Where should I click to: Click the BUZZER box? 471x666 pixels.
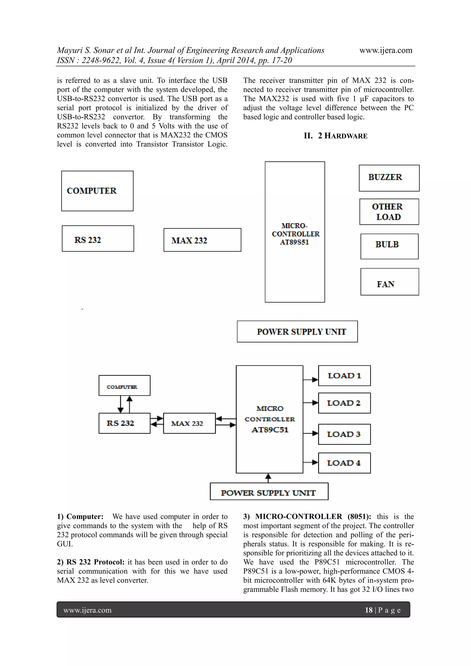389,178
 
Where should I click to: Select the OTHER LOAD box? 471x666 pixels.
389,212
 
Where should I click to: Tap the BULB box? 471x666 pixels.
389,246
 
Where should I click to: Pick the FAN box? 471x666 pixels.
390,282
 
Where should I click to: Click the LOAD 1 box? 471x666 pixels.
344,376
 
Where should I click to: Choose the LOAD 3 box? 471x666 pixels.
344,434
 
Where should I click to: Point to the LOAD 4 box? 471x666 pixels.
344,463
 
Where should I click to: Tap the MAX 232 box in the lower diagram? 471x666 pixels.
189,423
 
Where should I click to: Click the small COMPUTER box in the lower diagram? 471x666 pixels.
124,386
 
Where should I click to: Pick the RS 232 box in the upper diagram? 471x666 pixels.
98,238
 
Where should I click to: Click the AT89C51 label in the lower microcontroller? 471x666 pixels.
270,430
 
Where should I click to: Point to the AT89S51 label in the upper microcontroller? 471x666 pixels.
294,242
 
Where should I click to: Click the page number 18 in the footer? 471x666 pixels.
368,610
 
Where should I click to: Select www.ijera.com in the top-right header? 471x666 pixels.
386,50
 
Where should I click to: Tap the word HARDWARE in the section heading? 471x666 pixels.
346,136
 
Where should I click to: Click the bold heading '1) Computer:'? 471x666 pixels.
80,517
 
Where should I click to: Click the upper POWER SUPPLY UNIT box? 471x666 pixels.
297,332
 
